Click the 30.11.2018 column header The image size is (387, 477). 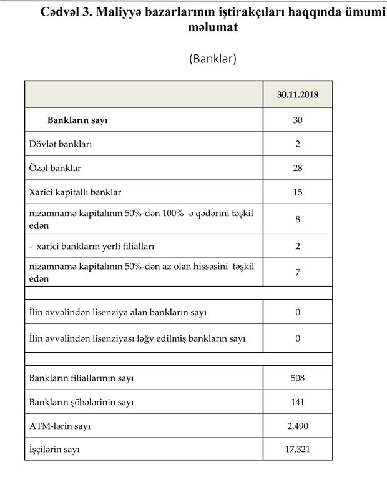297,94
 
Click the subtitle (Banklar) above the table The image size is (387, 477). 212,59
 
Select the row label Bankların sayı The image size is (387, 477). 77,120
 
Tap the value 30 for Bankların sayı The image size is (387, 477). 298,120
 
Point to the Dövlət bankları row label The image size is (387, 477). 61,144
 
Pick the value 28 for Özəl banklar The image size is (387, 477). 298,168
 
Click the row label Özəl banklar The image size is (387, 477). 56,168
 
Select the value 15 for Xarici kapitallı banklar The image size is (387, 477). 298,192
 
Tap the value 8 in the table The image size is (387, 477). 298,219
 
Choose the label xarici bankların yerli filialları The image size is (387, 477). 94,246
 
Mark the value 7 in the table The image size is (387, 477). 298,272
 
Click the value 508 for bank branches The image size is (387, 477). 298,378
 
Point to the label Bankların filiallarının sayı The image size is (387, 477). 82,378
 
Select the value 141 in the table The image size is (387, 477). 298,402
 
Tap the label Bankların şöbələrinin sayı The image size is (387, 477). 82,402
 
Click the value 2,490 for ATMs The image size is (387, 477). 298,426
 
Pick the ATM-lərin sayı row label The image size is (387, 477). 61,426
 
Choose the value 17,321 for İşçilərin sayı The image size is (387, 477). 298,449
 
